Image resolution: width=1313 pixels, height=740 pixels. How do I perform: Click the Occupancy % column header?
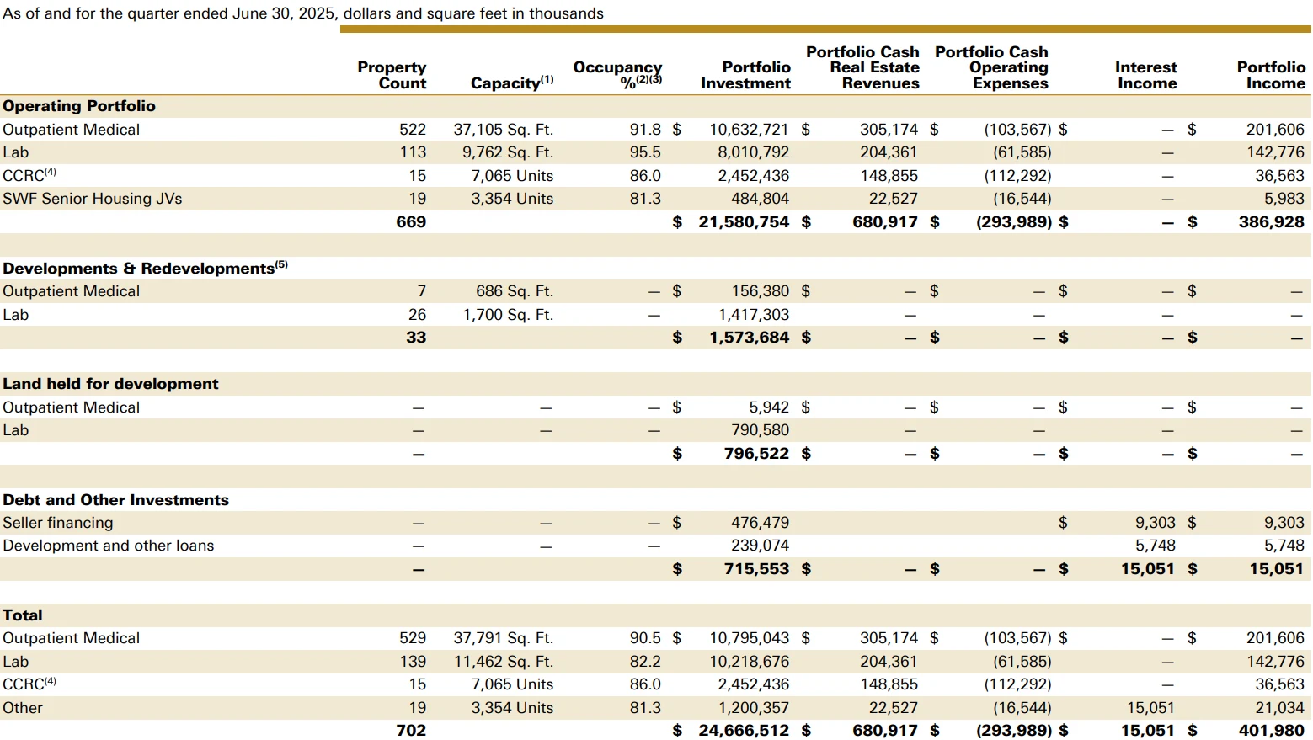point(617,75)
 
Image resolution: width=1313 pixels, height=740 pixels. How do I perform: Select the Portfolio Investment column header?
point(745,75)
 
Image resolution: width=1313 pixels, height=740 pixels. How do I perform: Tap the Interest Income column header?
point(1146,75)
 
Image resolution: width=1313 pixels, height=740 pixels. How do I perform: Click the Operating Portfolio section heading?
point(79,106)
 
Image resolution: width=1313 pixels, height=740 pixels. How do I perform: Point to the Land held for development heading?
point(110,384)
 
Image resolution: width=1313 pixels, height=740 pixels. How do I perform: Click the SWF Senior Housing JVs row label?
point(92,199)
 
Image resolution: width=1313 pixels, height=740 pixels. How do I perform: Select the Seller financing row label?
point(58,523)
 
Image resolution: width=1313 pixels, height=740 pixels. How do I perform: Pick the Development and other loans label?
point(109,546)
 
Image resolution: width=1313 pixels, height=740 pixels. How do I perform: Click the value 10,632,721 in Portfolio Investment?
point(749,130)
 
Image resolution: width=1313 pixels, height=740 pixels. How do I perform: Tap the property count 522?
point(413,130)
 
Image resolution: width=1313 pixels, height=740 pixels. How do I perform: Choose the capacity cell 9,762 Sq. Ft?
point(508,152)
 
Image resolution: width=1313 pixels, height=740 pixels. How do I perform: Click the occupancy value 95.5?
point(645,152)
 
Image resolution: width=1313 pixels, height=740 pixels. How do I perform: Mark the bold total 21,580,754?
point(744,222)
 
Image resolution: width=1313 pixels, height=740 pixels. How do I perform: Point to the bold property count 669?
point(411,222)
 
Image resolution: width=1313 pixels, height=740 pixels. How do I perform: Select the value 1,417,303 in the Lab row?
point(754,315)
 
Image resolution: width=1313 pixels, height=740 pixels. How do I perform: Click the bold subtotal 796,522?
point(757,454)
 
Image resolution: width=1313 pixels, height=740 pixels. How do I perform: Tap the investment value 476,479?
point(761,523)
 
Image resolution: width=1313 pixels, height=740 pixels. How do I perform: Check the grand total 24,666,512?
point(744,731)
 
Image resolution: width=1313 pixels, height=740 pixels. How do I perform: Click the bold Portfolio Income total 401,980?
point(1272,731)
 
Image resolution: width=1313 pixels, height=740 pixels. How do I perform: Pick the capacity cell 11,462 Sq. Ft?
point(504,662)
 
